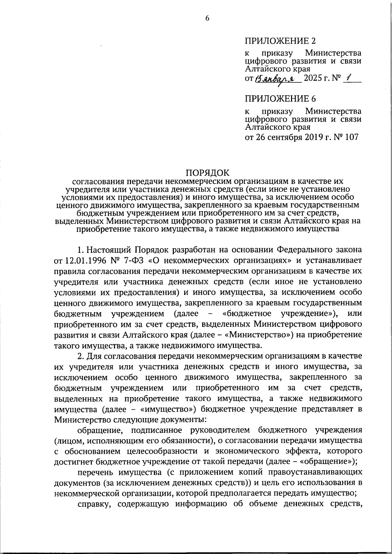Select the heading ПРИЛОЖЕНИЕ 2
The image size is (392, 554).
tap(281, 41)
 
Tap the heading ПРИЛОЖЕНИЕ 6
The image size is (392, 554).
tap(281, 98)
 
